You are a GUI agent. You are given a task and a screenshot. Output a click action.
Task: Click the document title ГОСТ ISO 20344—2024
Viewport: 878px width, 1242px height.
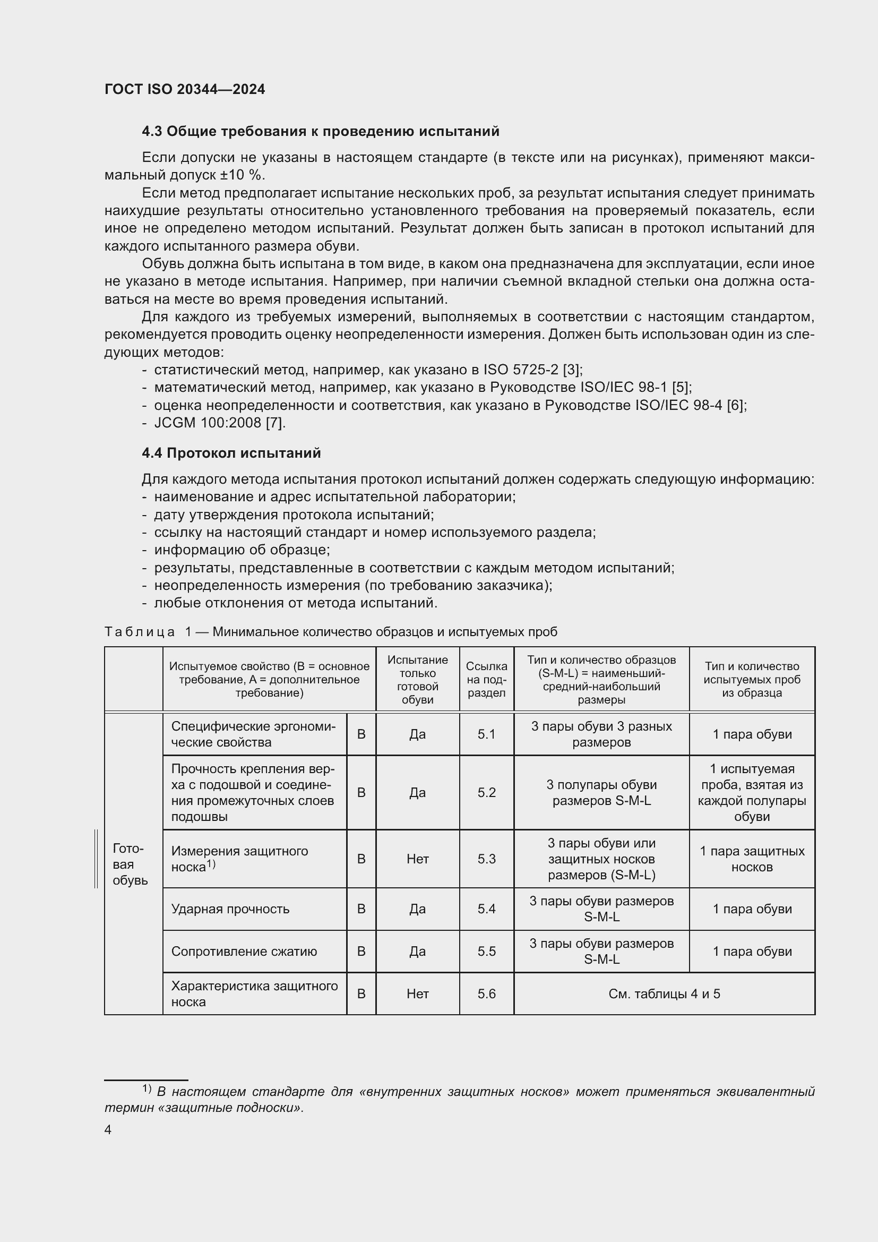tap(184, 90)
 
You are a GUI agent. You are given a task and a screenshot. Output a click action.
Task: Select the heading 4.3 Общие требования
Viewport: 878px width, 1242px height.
tap(320, 132)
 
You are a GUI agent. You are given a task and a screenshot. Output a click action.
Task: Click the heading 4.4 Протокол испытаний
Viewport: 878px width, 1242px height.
tap(231, 453)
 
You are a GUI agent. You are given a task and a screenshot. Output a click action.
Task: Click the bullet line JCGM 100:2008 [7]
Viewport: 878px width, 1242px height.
tap(220, 423)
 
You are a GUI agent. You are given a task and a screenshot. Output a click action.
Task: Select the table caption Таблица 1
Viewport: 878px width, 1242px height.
tap(330, 632)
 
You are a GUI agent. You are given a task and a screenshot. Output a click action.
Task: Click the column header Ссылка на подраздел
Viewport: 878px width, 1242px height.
tap(486, 680)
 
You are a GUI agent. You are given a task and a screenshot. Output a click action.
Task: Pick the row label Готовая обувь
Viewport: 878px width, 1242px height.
tap(130, 864)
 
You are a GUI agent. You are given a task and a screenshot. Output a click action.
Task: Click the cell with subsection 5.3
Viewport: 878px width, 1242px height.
tap(486, 859)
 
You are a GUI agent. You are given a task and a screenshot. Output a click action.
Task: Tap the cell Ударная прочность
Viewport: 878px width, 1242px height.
tap(230, 909)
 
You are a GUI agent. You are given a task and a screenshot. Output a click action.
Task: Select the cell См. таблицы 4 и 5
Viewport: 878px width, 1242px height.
tap(664, 993)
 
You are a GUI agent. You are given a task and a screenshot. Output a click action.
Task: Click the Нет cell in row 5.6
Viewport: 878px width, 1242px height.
tap(417, 993)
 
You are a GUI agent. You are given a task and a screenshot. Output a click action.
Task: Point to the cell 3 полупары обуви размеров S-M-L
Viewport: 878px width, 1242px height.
tap(601, 792)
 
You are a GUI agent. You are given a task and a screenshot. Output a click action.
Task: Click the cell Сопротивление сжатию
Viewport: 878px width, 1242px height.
tap(244, 952)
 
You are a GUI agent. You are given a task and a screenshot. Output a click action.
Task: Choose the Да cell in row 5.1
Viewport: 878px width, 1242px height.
tap(417, 734)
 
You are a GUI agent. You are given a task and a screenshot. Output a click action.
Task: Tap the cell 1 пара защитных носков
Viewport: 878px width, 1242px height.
tap(752, 859)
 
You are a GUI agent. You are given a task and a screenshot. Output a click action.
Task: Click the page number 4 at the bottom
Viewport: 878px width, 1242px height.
tap(108, 1130)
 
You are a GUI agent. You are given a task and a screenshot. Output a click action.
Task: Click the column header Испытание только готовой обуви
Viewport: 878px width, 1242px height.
tap(417, 680)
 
